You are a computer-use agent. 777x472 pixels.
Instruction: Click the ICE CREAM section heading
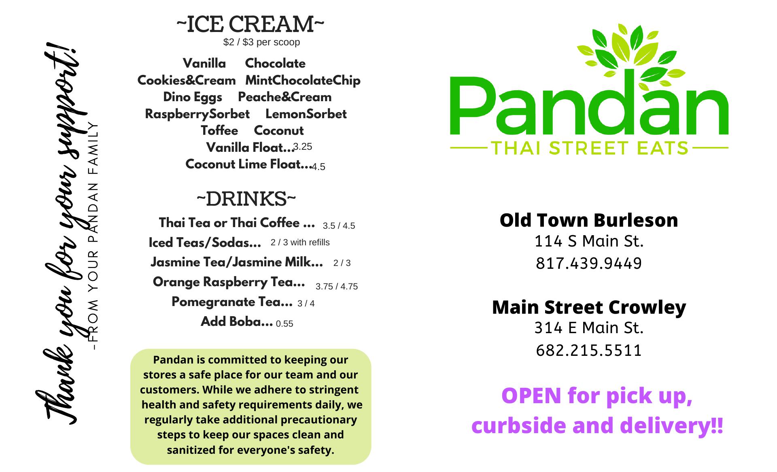250,24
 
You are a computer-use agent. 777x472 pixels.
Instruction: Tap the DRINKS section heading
246,199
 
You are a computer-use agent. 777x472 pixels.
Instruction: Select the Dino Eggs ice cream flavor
193,98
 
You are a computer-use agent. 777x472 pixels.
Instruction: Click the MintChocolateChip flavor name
303,81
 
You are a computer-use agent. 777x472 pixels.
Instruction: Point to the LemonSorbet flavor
306,114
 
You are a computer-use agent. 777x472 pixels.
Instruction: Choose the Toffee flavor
219,131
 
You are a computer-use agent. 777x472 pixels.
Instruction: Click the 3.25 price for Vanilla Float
303,147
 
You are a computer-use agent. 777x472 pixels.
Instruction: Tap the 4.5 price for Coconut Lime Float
318,167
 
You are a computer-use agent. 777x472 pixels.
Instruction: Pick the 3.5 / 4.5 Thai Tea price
339,226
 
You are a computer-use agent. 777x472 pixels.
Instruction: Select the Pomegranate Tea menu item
232,302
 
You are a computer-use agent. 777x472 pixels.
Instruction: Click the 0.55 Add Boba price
284,324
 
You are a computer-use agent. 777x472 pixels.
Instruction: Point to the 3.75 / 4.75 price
337,287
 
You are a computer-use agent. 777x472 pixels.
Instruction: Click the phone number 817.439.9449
589,264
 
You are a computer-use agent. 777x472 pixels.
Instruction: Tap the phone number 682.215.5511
589,351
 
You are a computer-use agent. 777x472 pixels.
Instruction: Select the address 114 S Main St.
589,241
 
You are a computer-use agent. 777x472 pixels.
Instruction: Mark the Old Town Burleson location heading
589,220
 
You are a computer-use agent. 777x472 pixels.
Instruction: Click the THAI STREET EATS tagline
589,148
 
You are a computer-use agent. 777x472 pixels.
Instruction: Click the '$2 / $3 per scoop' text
261,42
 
